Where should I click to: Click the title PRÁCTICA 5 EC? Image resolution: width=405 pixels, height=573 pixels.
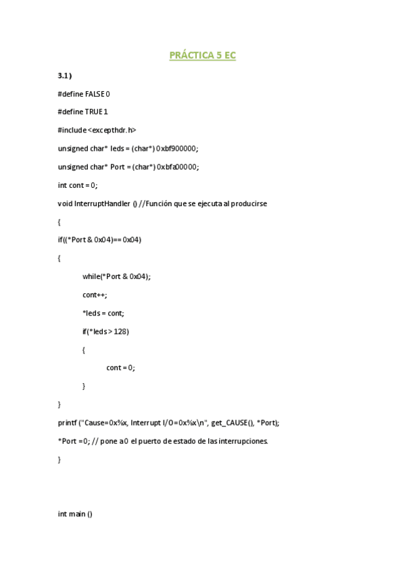[202, 56]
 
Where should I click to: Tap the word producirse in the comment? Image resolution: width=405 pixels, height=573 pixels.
[251, 203]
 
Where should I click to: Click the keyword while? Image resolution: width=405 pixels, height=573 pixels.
[91, 276]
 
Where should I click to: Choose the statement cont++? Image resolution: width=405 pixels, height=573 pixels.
[95, 295]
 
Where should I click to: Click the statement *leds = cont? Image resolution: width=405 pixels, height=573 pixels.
[103, 313]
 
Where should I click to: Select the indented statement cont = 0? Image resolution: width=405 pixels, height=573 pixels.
[121, 368]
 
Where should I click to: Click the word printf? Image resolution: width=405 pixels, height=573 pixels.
[68, 422]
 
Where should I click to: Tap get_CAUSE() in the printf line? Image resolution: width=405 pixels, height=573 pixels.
[233, 422]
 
